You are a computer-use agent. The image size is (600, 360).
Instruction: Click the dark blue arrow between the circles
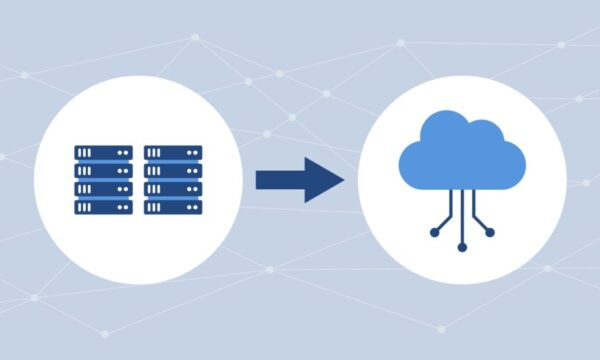[x=298, y=180]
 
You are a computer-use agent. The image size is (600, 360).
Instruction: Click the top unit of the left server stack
[x=103, y=153]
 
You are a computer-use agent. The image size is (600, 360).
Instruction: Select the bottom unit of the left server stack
[x=103, y=207]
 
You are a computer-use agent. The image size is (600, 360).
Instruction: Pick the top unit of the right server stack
[x=173, y=153]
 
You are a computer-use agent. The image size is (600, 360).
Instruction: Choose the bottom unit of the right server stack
[x=173, y=207]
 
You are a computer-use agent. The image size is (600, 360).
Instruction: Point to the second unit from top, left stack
[x=103, y=171]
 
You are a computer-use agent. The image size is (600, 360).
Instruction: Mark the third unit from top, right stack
[x=173, y=189]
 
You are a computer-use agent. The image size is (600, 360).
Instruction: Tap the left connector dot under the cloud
[x=435, y=232]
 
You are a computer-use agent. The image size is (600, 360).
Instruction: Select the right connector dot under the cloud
[x=489, y=232]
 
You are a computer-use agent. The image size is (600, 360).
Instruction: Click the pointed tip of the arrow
[x=342, y=180]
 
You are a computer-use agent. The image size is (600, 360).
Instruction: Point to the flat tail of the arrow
[x=259, y=180]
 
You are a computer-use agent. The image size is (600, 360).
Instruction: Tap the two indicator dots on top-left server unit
[x=123, y=153]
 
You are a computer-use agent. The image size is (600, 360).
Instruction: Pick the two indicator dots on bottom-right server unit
[x=193, y=207]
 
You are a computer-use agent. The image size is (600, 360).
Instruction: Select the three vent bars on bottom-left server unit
[x=85, y=207]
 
